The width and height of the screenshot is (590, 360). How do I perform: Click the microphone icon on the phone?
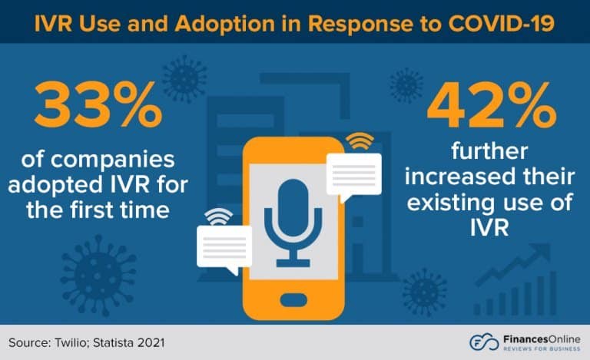tap(293, 218)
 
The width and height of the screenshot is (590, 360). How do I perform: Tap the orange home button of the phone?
tap(295, 297)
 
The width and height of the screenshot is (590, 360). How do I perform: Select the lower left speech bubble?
tap(224, 246)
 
